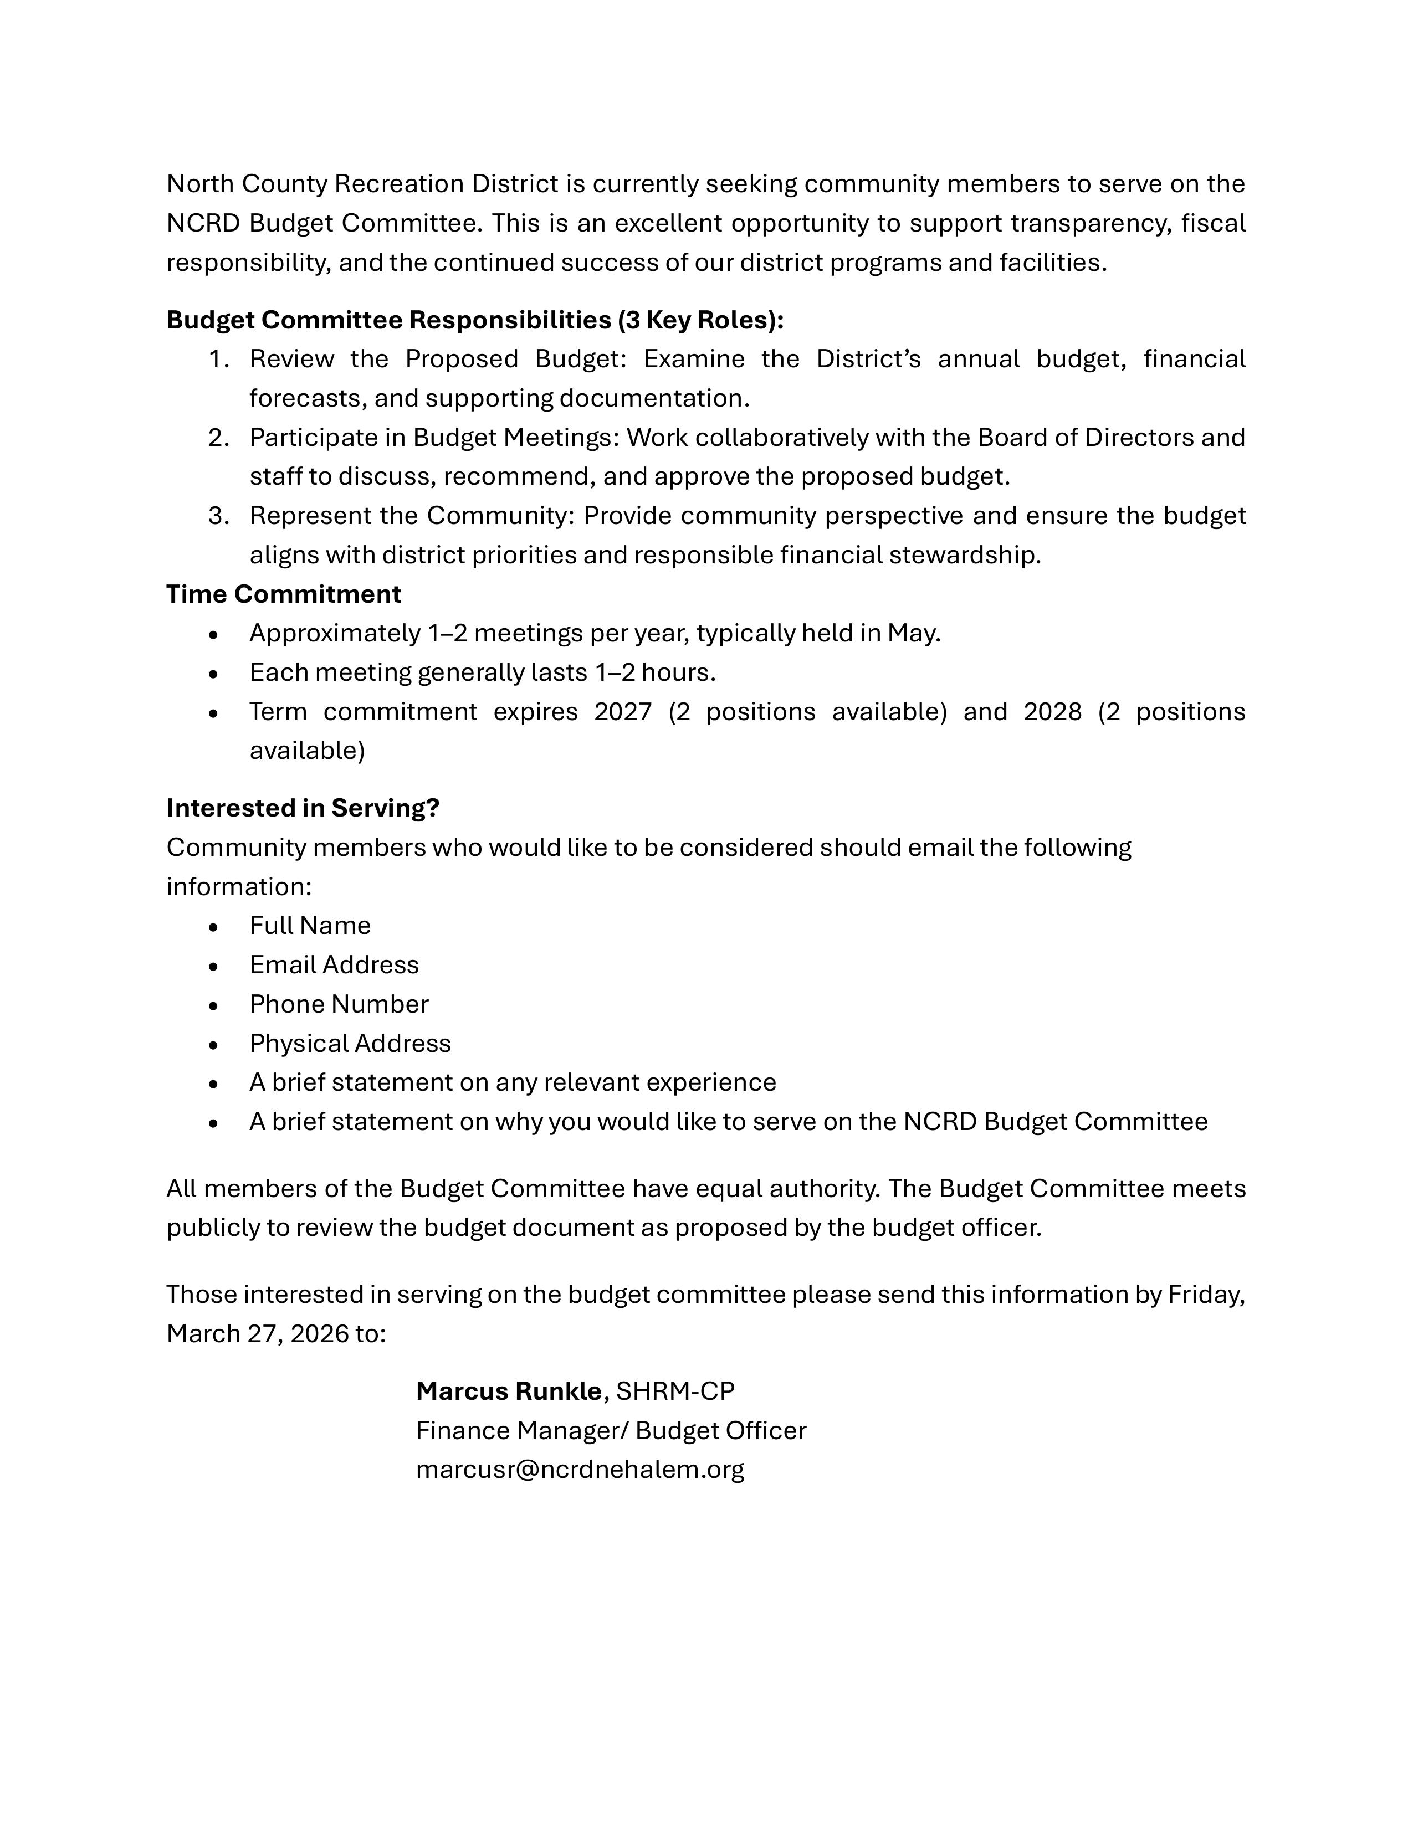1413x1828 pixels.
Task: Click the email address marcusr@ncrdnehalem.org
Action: (579, 1469)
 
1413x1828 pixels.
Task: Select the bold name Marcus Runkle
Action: (508, 1390)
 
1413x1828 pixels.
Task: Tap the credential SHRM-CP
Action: (675, 1390)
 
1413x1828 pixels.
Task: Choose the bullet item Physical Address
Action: (350, 1043)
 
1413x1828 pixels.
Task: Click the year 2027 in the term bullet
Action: (623, 711)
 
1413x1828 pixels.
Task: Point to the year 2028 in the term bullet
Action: (1052, 711)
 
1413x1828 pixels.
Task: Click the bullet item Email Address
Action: (334, 964)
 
